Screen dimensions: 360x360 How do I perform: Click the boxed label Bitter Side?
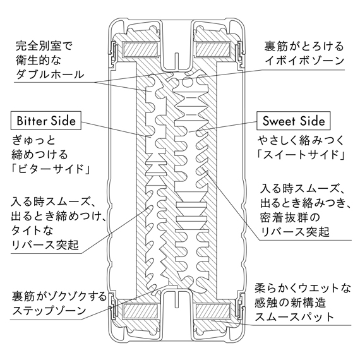tap(46, 121)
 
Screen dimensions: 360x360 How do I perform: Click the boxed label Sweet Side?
tap(294, 121)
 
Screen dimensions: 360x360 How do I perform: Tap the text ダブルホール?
tap(50, 75)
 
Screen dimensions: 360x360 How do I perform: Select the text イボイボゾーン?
tap(304, 61)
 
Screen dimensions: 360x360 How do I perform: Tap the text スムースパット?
tap(294, 317)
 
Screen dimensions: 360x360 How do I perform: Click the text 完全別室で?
tap(44, 46)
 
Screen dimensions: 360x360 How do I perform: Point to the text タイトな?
tap(32, 231)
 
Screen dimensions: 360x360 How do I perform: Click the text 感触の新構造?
tap(290, 303)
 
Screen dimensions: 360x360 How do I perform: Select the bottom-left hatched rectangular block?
tap(141, 310)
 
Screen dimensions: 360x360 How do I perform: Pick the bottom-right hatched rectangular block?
tap(213, 310)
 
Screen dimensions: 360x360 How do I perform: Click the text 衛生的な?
tap(39, 60)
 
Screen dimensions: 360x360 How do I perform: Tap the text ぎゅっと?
tap(33, 140)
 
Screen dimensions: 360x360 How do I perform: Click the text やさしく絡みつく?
tap(301, 140)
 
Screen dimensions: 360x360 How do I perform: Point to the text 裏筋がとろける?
tap(304, 46)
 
